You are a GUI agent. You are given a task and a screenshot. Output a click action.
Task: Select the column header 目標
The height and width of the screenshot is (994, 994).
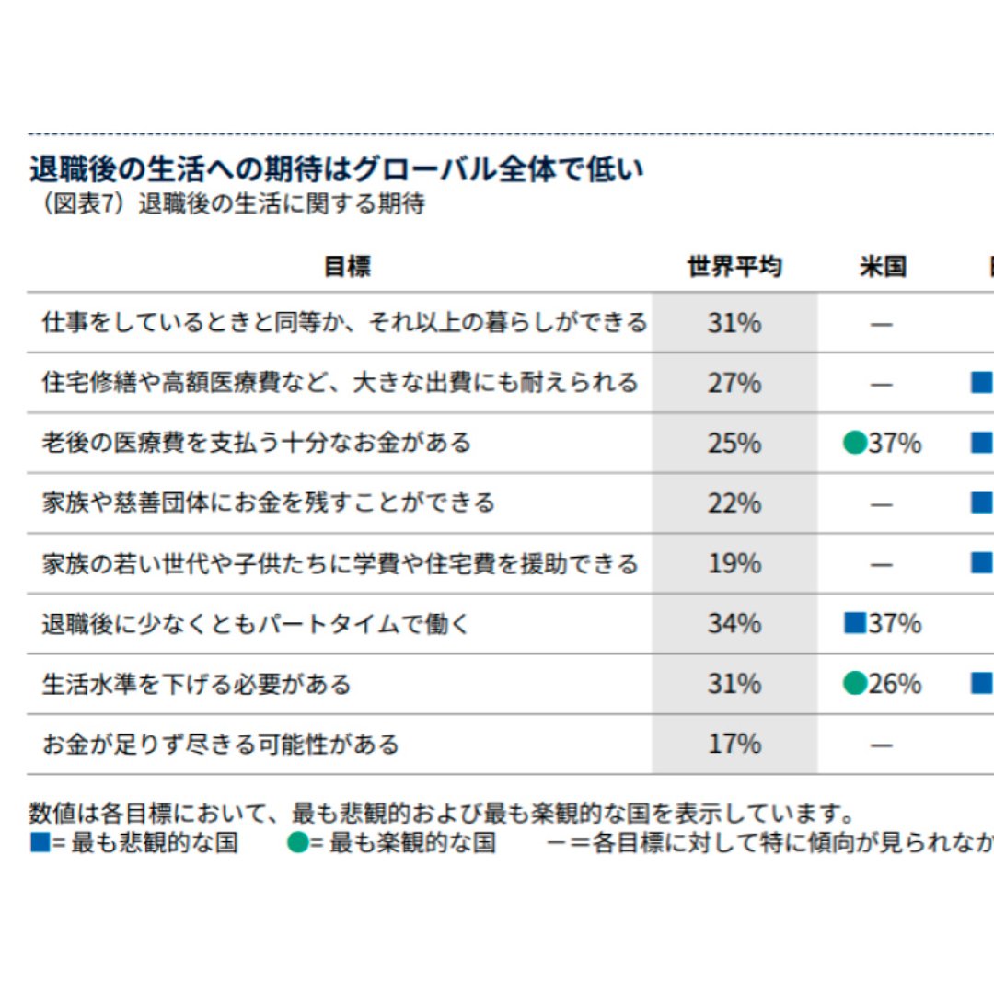click(x=347, y=267)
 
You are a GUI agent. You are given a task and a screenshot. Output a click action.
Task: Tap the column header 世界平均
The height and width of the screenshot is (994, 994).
click(x=734, y=267)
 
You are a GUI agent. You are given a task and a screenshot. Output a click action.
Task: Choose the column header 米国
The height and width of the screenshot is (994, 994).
click(x=883, y=267)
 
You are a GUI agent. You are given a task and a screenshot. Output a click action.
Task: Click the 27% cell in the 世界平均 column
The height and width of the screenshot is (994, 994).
click(x=734, y=383)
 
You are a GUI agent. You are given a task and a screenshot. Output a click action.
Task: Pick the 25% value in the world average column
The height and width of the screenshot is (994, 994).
click(x=734, y=444)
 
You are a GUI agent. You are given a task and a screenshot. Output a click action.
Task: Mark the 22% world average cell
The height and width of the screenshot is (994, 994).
click(x=734, y=503)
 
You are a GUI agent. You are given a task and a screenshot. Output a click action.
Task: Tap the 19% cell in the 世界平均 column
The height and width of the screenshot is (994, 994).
click(x=734, y=563)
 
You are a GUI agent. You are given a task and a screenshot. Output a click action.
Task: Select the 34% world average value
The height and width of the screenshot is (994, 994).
click(x=734, y=624)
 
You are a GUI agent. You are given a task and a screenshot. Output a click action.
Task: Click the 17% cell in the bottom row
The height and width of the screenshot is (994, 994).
click(x=734, y=744)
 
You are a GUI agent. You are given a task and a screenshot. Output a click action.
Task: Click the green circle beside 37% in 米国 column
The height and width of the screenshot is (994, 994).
click(x=855, y=444)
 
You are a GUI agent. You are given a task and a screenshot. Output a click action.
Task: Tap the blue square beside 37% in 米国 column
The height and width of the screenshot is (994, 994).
click(x=855, y=623)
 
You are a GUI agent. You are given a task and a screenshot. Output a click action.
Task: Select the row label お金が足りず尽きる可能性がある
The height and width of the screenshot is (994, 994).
click(x=221, y=744)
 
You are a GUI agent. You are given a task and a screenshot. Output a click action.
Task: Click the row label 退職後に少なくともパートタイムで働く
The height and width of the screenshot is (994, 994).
click(x=256, y=624)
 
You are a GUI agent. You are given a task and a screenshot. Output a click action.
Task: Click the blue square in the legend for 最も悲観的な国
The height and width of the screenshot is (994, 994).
click(x=40, y=842)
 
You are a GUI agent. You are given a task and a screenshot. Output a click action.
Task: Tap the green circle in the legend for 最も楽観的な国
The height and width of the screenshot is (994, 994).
click(x=297, y=842)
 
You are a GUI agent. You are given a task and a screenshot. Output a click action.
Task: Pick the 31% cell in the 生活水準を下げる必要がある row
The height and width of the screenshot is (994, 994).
click(x=734, y=684)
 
